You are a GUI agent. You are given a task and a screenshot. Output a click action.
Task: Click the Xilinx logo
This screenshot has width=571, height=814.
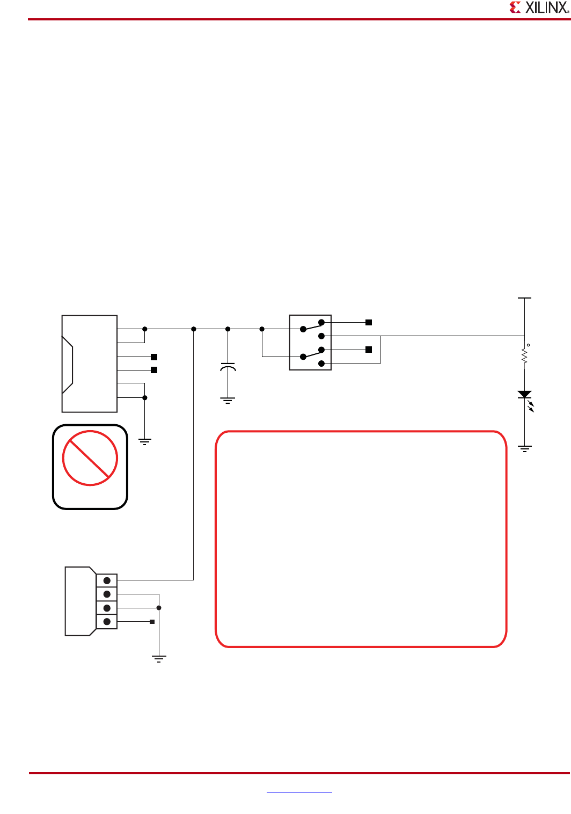[x=538, y=8]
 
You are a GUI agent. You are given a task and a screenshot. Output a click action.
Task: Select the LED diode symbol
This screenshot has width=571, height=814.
[x=525, y=395]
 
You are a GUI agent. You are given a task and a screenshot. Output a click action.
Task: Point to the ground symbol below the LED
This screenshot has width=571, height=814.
[x=525, y=448]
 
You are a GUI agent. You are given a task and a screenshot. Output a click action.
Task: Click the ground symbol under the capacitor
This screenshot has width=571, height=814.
[x=228, y=400]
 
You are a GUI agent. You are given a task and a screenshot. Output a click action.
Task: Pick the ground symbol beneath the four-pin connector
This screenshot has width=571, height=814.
[x=159, y=659]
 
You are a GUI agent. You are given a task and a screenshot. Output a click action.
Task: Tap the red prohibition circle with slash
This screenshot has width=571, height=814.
[x=90, y=459]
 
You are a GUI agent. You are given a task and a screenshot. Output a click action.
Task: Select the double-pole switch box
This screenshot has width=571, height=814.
[x=310, y=343]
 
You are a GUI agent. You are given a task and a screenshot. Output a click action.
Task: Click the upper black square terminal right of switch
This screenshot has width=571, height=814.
[x=369, y=322]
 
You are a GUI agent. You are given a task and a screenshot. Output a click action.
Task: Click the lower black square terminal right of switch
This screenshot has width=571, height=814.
[x=369, y=350]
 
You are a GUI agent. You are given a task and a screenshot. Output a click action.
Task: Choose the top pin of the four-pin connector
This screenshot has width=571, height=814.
[x=107, y=580]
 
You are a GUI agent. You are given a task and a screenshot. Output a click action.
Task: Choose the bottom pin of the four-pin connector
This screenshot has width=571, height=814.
[x=107, y=622]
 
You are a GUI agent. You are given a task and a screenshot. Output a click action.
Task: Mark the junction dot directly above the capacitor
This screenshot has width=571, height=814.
[x=228, y=329]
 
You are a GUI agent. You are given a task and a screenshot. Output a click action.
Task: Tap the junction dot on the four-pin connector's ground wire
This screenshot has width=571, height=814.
[x=159, y=608]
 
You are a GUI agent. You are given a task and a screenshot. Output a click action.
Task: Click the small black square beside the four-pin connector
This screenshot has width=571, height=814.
[x=152, y=622]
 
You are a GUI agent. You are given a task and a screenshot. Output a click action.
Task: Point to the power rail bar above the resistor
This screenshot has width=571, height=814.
[x=525, y=297]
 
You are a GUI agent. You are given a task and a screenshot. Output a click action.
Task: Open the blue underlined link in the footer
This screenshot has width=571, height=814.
[x=299, y=792]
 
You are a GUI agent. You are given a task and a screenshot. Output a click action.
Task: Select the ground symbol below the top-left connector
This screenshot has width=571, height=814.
[x=145, y=442]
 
